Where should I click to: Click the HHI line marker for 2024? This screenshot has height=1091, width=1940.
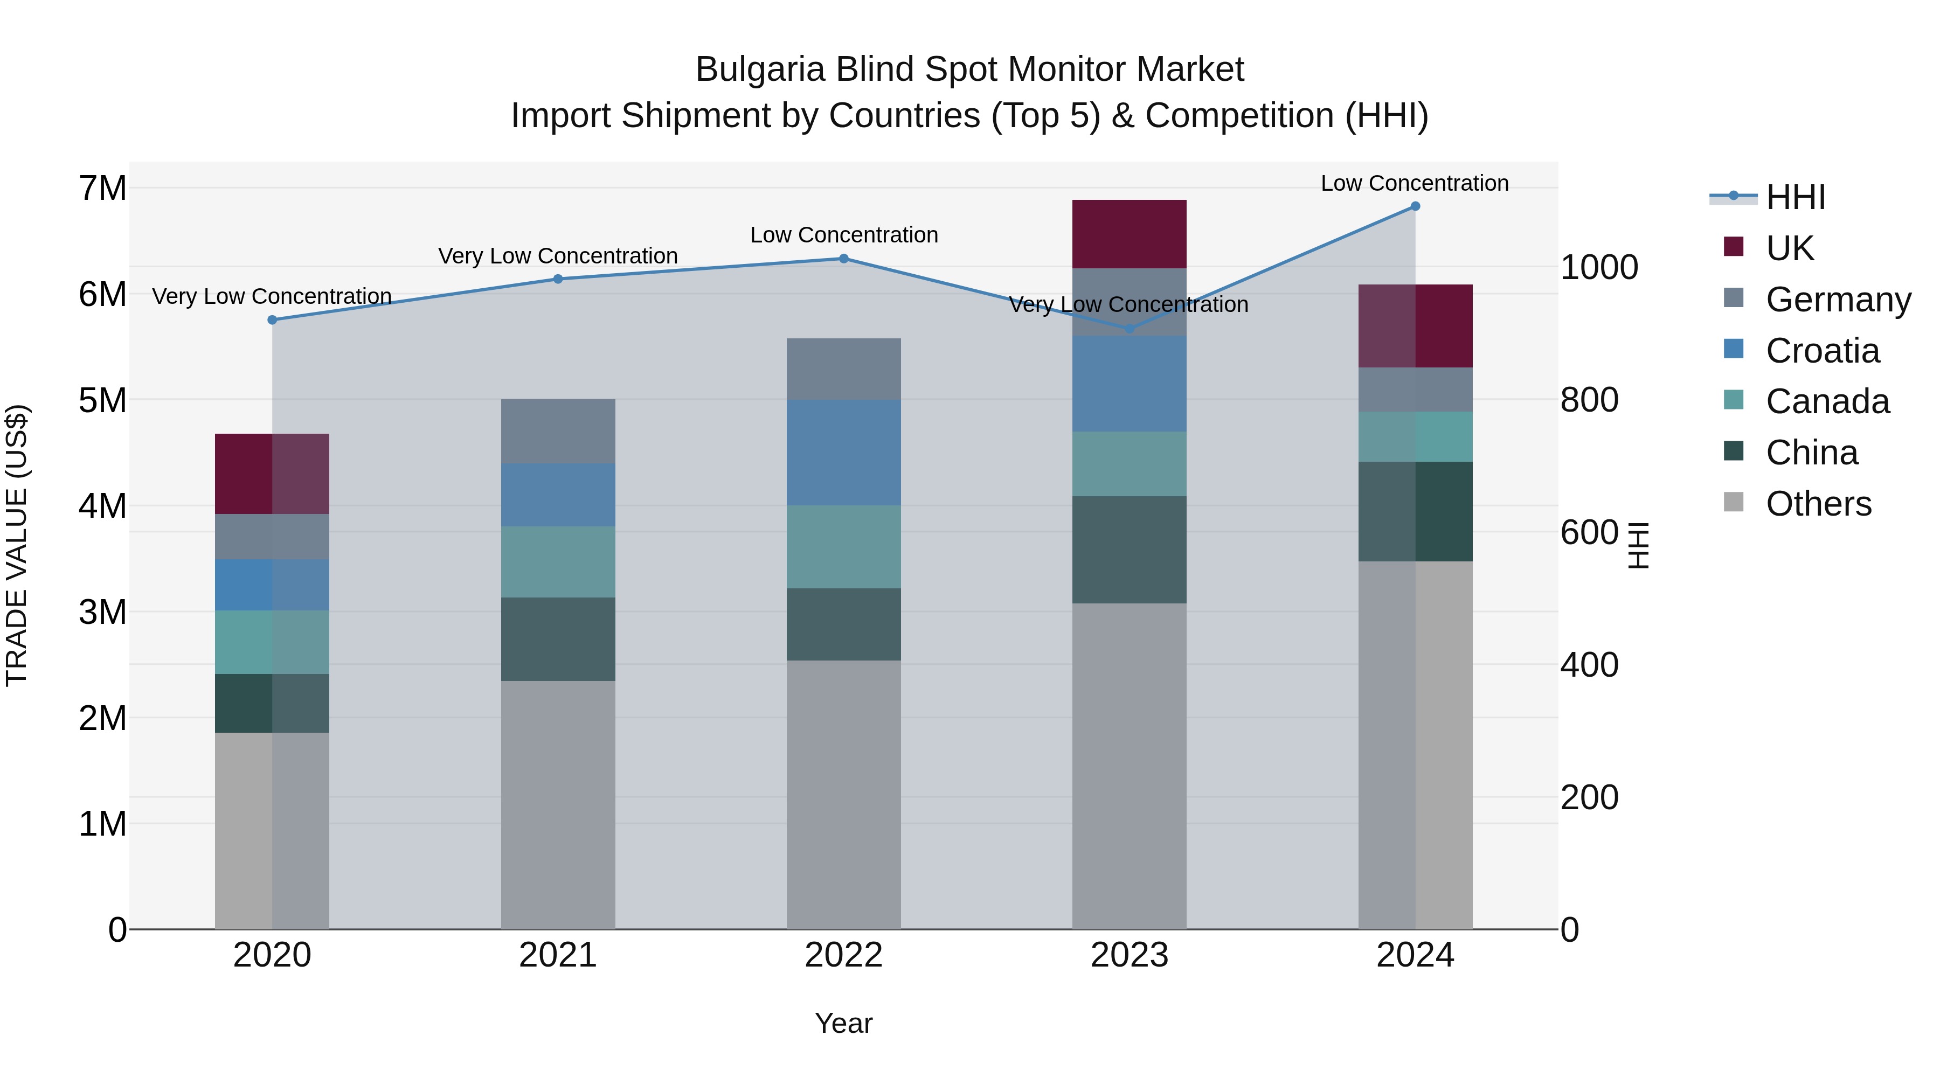(x=1415, y=206)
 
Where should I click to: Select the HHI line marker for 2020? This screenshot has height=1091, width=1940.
(x=273, y=320)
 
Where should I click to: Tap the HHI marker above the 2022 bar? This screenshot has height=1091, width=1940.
(x=843, y=259)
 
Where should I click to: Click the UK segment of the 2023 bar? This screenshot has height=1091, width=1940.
(x=1129, y=234)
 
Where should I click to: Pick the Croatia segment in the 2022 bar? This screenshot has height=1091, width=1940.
(x=843, y=453)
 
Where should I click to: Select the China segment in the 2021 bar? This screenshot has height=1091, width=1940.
(x=558, y=639)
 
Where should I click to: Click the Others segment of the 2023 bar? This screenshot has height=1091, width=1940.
(x=1129, y=766)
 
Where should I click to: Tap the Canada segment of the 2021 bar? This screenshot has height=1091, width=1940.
(x=558, y=562)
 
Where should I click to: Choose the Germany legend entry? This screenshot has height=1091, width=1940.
(x=1838, y=300)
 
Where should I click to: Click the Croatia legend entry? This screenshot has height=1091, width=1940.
(x=1822, y=351)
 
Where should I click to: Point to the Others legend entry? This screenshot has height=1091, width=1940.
(x=1818, y=504)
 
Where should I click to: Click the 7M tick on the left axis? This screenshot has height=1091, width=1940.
(x=103, y=188)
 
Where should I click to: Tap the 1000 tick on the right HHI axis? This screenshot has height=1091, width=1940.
(x=1599, y=267)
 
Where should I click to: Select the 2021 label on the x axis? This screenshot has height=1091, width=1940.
(x=558, y=955)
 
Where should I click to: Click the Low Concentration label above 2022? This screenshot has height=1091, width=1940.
(x=843, y=235)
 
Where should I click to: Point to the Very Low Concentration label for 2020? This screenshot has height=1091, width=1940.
(x=272, y=297)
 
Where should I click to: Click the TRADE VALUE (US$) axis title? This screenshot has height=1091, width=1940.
(x=17, y=545)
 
